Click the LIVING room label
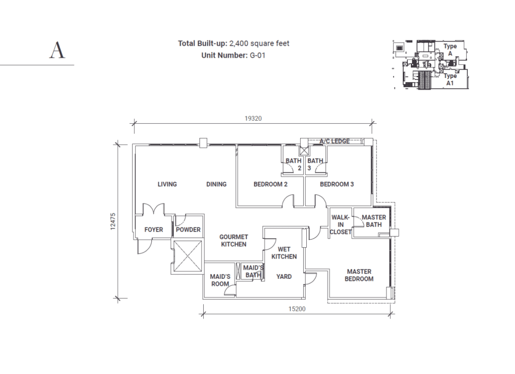(x=167, y=184)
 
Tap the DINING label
(x=216, y=184)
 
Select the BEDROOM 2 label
(x=270, y=184)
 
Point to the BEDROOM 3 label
(x=336, y=184)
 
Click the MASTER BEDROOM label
(x=359, y=275)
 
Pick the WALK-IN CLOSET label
(x=340, y=225)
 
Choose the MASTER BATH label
(x=374, y=221)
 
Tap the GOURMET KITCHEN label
(x=233, y=241)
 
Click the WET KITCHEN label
(x=284, y=253)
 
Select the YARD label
(x=284, y=277)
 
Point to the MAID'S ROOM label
(x=220, y=280)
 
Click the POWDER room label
(x=188, y=230)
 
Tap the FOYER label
(x=154, y=230)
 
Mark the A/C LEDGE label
(x=334, y=141)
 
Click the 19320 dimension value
(x=253, y=119)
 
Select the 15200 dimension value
(x=297, y=309)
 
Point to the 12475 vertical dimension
(x=113, y=221)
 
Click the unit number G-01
(x=257, y=55)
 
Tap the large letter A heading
(x=57, y=50)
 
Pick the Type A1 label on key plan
(x=450, y=80)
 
